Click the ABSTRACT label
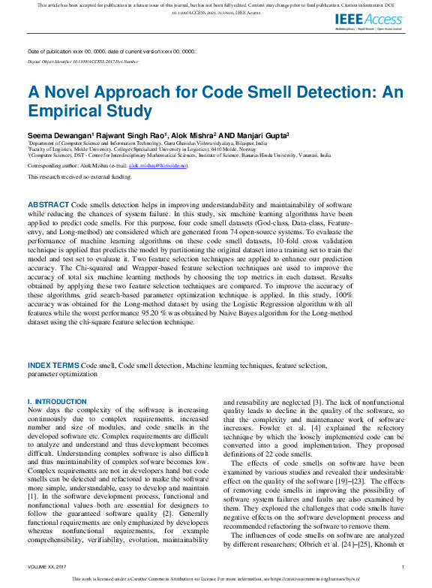coord(48,204)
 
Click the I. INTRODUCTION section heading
coord(57,402)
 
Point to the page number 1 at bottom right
coord(403,566)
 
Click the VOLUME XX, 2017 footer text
coord(46,566)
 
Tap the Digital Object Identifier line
coord(82,61)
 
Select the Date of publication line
coord(111,51)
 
